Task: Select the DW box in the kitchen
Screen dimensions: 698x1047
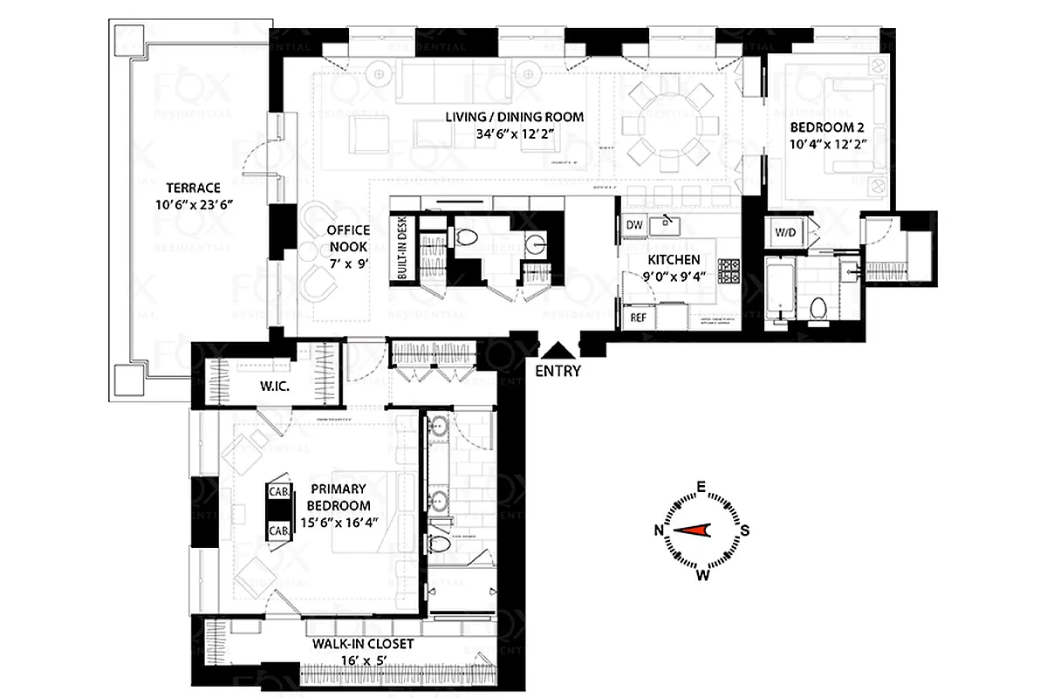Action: pyautogui.click(x=634, y=225)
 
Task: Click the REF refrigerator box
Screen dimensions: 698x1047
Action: pyautogui.click(x=638, y=318)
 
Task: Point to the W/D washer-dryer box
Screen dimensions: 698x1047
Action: pyautogui.click(x=785, y=231)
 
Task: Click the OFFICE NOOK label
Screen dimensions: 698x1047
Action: pyautogui.click(x=348, y=238)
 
